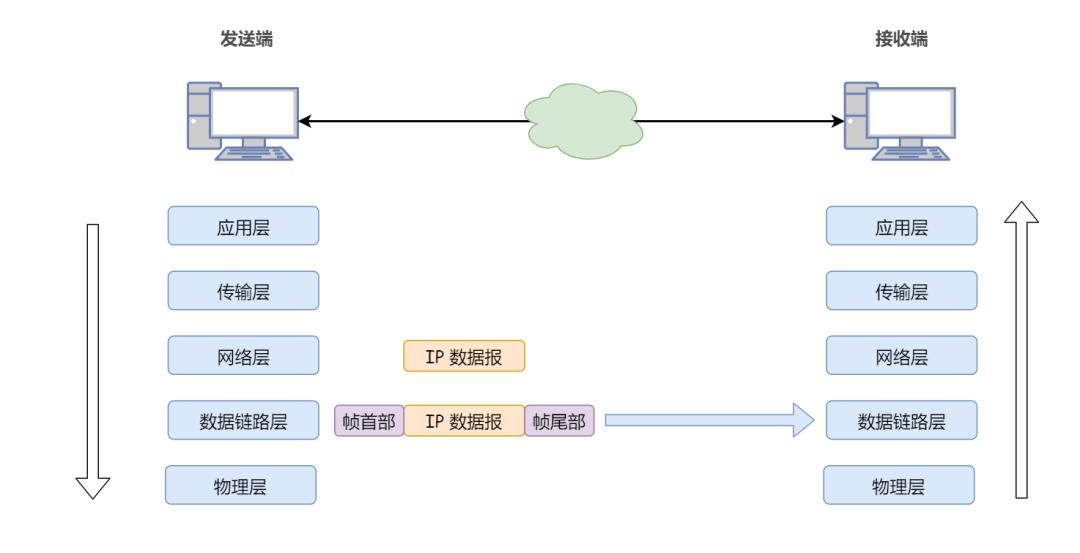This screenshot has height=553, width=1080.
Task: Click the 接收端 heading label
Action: pyautogui.click(x=893, y=39)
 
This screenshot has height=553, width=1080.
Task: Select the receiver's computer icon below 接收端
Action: pyautogui.click(x=897, y=122)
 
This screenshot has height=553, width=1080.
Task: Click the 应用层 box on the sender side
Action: pyautogui.click(x=243, y=226)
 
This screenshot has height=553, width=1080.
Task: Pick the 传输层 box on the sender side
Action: pyautogui.click(x=243, y=290)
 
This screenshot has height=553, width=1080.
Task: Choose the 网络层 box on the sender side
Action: pyautogui.click(x=243, y=355)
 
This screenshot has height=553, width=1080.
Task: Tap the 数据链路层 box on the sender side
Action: pyautogui.click(x=243, y=421)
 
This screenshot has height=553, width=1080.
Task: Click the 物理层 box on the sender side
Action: pyautogui.click(x=240, y=485)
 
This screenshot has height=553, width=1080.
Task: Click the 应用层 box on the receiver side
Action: pyautogui.click(x=901, y=226)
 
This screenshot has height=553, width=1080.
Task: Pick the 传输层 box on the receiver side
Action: pyautogui.click(x=901, y=290)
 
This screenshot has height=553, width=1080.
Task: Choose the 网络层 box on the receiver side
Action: pyautogui.click(x=901, y=355)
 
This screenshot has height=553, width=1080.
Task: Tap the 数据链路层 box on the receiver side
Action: pyautogui.click(x=901, y=421)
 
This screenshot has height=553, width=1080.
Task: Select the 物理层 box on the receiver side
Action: pyautogui.click(x=899, y=485)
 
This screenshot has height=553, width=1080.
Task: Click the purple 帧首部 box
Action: pyautogui.click(x=368, y=421)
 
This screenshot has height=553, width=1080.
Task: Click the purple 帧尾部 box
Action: pyautogui.click(x=559, y=421)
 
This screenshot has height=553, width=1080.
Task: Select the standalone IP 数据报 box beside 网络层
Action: pyautogui.click(x=464, y=356)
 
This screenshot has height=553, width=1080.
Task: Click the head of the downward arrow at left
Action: pyautogui.click(x=93, y=487)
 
